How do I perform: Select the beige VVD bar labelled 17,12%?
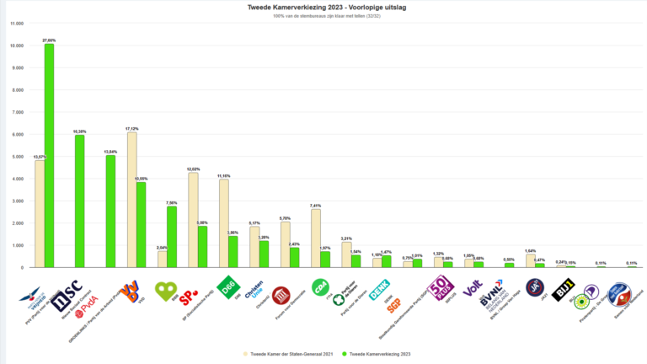(x=131, y=200)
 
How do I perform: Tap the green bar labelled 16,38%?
(x=79, y=201)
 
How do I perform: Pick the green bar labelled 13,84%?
(x=110, y=211)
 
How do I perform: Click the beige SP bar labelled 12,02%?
(x=193, y=220)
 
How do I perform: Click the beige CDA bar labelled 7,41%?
(x=315, y=238)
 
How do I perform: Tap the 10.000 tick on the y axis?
(x=17, y=45)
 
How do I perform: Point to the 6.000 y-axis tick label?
(x=19, y=134)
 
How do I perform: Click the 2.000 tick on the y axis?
(x=19, y=223)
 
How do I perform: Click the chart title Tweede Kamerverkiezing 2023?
(x=323, y=8)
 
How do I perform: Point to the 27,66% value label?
(x=50, y=40)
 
